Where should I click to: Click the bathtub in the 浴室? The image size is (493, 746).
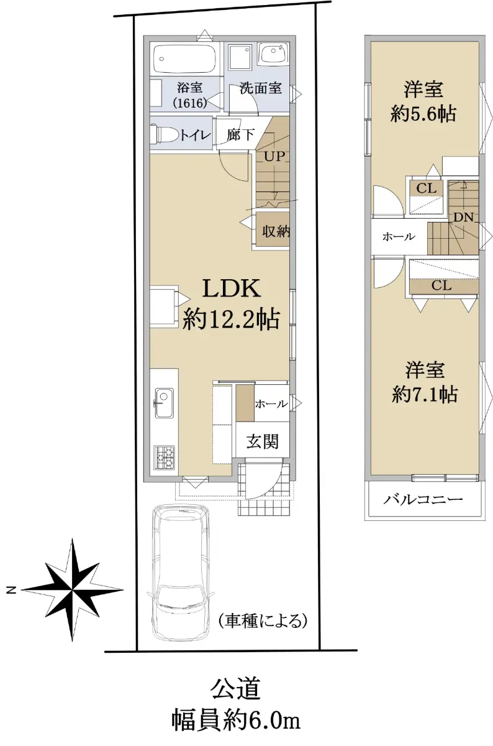click(x=185, y=58)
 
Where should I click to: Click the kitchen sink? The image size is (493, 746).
click(x=164, y=403)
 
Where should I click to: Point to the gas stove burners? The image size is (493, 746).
click(x=165, y=457)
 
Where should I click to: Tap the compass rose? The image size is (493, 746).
click(x=73, y=590)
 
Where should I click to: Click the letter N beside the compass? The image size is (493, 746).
click(x=12, y=590)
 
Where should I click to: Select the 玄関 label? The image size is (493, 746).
click(x=262, y=441)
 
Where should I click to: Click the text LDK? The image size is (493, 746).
click(x=231, y=288)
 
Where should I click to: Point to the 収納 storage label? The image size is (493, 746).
click(x=276, y=231)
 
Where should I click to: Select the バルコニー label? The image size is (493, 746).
click(x=423, y=499)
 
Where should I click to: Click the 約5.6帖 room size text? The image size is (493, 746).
click(x=423, y=114)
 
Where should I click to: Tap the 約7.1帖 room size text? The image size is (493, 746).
click(x=425, y=395)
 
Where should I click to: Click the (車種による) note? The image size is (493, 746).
click(x=263, y=621)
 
